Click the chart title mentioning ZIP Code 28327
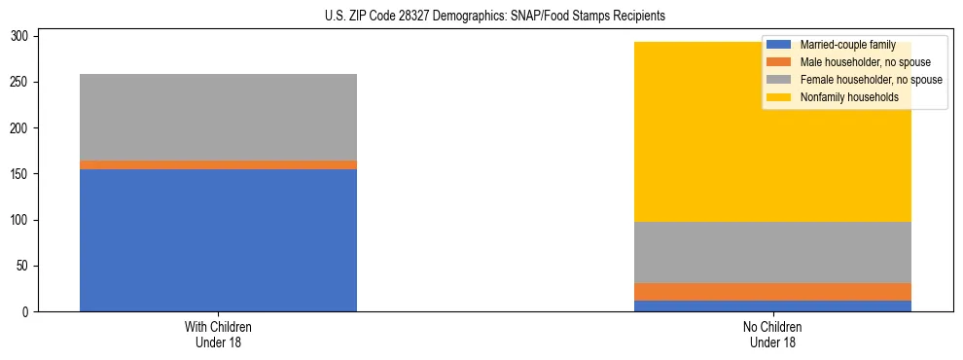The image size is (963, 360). point(495,17)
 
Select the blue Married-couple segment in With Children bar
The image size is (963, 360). point(218,240)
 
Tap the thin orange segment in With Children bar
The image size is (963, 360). point(218,165)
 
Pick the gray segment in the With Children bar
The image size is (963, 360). point(218,117)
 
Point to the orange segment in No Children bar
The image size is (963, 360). point(772,292)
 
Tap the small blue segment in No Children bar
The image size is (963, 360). point(772,306)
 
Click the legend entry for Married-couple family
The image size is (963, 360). point(838,45)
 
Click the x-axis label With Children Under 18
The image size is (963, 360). point(218,334)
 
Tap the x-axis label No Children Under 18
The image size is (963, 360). point(772,334)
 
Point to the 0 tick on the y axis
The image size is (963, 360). point(28,312)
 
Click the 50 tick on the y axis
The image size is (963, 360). point(25,267)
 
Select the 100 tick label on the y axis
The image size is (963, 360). point(22,221)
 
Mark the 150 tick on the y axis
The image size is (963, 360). point(22,174)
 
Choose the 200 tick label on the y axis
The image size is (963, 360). point(22,128)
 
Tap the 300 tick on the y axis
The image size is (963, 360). point(22,37)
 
